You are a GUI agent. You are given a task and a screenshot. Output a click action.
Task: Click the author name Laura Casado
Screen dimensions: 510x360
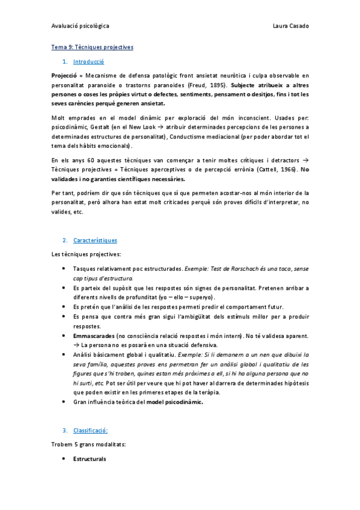pyautogui.click(x=290, y=26)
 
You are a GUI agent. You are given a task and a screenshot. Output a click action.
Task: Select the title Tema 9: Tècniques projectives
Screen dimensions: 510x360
pyautogui.click(x=92, y=47)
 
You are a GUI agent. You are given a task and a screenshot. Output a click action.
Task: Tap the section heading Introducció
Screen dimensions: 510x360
pyautogui.click(x=88, y=61)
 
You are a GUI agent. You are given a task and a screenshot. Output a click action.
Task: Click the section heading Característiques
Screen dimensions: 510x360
pyautogui.click(x=95, y=240)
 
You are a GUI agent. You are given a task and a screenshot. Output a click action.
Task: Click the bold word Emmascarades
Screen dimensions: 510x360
pyautogui.click(x=93, y=336)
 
